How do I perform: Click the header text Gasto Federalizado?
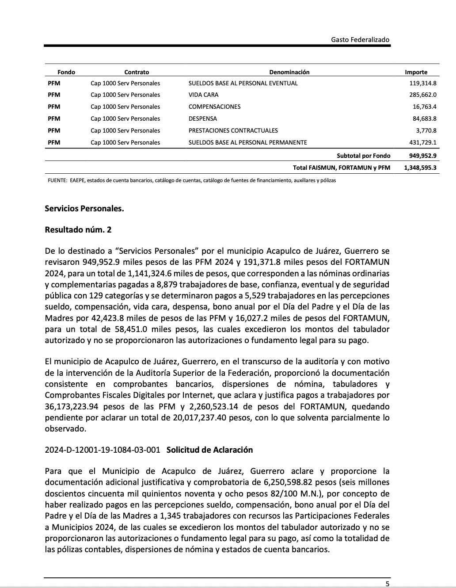coord(360,40)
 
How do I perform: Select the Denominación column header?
coord(289,72)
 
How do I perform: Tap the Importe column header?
coord(416,72)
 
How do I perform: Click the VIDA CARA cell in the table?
coord(203,95)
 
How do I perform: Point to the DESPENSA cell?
coord(203,118)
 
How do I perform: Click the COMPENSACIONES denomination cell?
coord(214,107)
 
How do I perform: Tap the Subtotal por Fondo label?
coord(363,156)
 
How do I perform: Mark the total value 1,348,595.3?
coord(420,168)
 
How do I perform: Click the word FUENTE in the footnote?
coord(57,180)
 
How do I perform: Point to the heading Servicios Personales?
coord(84,208)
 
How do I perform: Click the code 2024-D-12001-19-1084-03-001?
coord(103,450)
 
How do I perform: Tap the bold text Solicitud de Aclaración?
coord(209,450)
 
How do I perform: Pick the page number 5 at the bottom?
coord(387,584)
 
